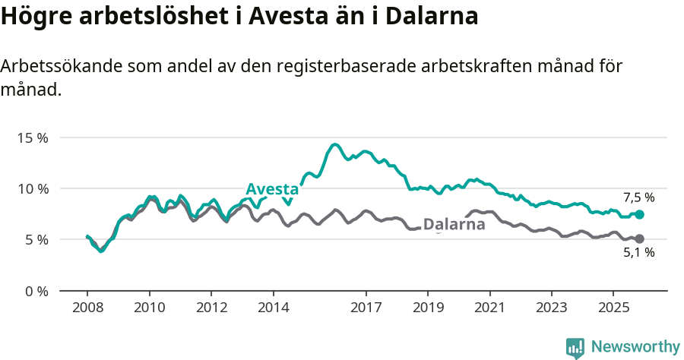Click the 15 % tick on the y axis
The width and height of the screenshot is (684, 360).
click(33, 138)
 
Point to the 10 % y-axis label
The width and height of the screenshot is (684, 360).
click(33, 188)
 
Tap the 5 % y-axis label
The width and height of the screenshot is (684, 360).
click(36, 239)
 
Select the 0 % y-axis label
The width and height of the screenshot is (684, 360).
click(36, 291)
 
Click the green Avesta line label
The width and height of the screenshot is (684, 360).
click(272, 189)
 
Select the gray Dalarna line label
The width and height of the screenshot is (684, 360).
click(454, 225)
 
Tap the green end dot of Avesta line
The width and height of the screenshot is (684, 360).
click(639, 215)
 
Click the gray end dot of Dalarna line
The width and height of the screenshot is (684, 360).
click(639, 239)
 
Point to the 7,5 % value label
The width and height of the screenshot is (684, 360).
click(638, 197)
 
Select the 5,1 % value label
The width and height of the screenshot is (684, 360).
click(638, 253)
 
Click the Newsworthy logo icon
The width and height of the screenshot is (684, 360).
click(575, 347)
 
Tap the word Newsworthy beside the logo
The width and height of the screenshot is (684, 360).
click(635, 346)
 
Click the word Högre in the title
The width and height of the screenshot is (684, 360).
click(32, 17)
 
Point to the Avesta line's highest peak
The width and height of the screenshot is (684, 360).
click(334, 144)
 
